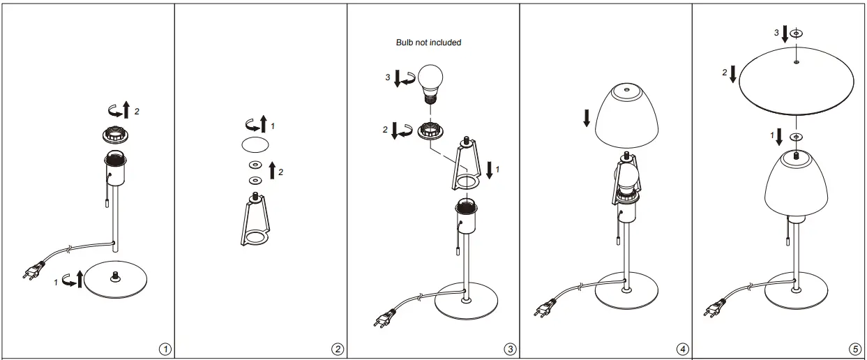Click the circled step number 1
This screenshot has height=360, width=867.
click(165, 348)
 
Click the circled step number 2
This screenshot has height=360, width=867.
click(338, 348)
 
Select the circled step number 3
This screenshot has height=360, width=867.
click(511, 348)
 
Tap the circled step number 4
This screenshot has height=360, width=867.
click(683, 348)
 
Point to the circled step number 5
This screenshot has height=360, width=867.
click(855, 348)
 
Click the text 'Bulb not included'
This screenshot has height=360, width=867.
click(428, 43)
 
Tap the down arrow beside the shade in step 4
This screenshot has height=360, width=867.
click(586, 118)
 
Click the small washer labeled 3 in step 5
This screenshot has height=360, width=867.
click(797, 33)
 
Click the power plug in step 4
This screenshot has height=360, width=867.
click(544, 307)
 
